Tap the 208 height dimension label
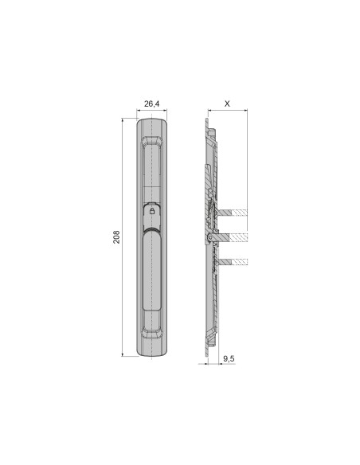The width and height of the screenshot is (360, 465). tap(116, 237)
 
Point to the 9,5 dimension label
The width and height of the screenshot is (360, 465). tap(229, 360)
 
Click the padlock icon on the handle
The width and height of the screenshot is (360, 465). tap(152, 212)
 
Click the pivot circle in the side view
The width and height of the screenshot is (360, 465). tap(209, 237)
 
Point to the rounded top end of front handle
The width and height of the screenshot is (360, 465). tap(152, 123)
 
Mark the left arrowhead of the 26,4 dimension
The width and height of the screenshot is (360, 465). tap(139, 112)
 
